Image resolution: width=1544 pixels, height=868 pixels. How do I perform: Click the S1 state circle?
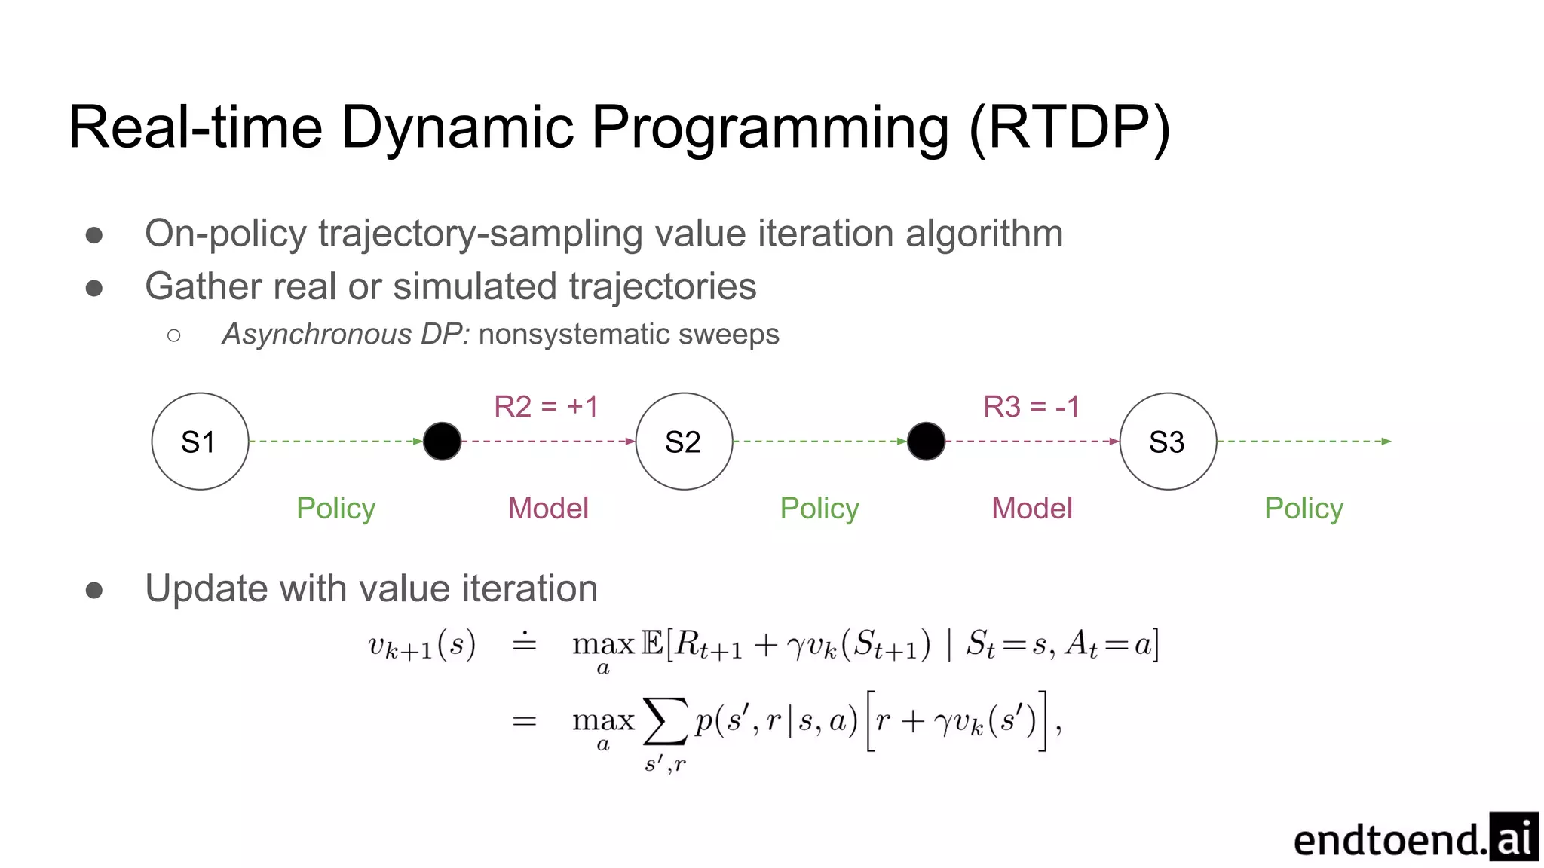(x=200, y=442)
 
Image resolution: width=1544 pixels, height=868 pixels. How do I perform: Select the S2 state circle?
(x=684, y=442)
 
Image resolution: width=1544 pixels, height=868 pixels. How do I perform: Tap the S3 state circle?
(x=1168, y=442)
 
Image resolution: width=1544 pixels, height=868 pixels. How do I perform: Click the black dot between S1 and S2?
(x=442, y=442)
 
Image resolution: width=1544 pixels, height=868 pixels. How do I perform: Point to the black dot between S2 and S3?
(x=926, y=442)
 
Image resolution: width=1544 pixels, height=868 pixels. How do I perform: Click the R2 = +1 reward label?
(x=546, y=407)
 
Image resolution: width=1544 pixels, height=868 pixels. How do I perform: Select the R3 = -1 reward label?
(x=1031, y=407)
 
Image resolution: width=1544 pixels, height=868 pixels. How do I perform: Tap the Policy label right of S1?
(x=335, y=509)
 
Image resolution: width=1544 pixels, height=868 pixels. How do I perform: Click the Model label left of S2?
(x=548, y=509)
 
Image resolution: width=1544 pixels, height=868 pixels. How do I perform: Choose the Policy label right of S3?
(x=1304, y=509)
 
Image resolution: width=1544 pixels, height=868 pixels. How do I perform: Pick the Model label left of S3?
(x=1031, y=509)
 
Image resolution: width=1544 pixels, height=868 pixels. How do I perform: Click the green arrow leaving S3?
(x=1304, y=442)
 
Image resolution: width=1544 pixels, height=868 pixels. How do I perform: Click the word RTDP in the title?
(x=1070, y=128)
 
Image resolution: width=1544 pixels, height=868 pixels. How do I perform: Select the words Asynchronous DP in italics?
(x=345, y=334)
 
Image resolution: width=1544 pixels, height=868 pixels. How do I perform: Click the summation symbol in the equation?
(x=665, y=721)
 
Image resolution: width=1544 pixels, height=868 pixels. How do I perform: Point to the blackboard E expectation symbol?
(x=652, y=643)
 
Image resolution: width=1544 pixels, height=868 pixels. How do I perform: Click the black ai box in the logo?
(x=1513, y=836)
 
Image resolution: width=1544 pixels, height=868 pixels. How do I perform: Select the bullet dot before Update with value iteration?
(x=94, y=589)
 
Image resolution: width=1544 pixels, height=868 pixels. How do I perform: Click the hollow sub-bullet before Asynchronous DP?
(x=174, y=335)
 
